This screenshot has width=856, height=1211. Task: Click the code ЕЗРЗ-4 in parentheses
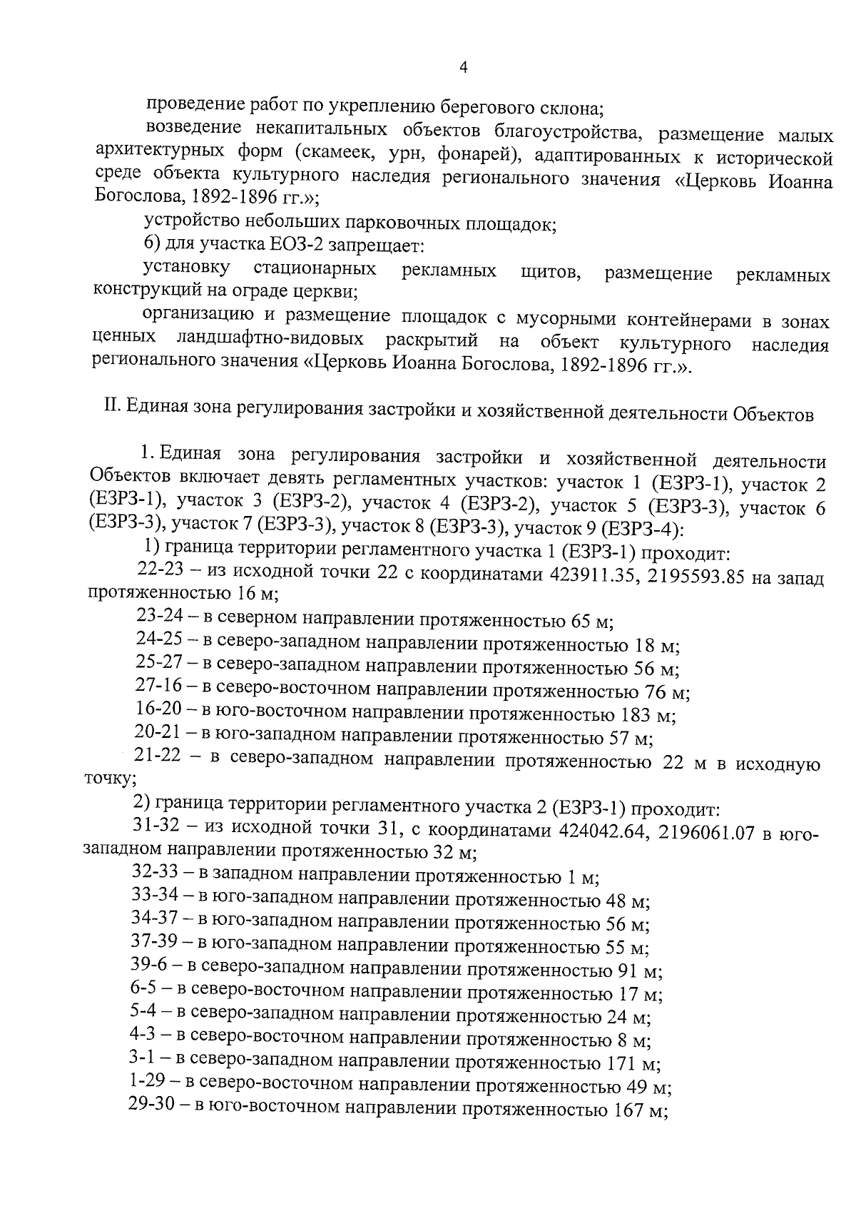tap(639, 529)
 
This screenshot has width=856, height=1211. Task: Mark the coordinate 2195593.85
tap(698, 577)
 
